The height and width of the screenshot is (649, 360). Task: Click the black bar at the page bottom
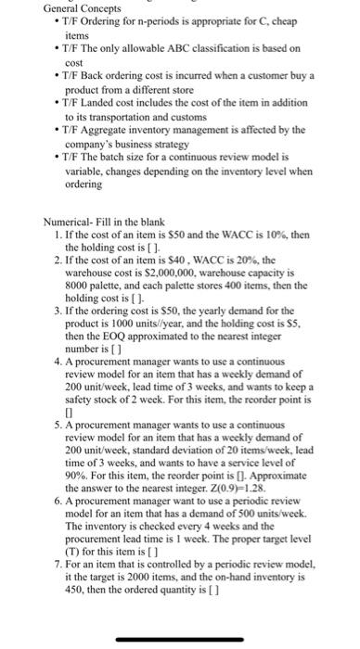179,638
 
